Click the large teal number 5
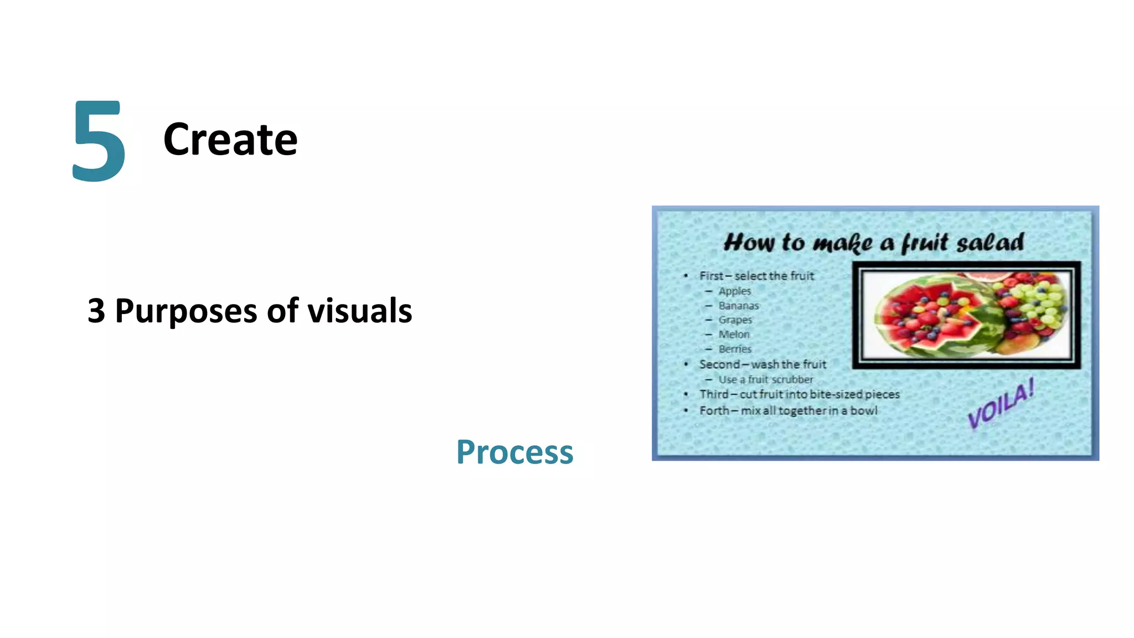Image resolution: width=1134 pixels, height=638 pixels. (99, 141)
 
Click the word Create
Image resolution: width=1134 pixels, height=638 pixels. (230, 140)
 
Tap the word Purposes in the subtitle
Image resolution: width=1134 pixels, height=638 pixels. (186, 311)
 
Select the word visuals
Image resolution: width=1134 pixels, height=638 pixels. (360, 311)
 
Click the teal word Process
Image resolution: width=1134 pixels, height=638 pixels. (514, 452)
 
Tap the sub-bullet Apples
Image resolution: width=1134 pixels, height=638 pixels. (735, 291)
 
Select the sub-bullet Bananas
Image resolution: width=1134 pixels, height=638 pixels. (739, 306)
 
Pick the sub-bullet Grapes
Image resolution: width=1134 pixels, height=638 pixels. (735, 320)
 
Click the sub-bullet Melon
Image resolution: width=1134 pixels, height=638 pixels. (734, 335)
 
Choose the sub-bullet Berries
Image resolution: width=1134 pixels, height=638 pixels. (735, 349)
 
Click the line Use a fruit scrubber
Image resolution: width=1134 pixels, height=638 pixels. (766, 380)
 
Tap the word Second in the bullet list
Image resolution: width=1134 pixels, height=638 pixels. (719, 364)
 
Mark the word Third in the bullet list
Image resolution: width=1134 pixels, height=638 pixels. (714, 394)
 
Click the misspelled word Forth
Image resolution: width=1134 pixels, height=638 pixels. (714, 411)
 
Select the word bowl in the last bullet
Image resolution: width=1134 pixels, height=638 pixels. (864, 411)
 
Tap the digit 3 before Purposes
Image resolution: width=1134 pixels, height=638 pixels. (96, 311)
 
